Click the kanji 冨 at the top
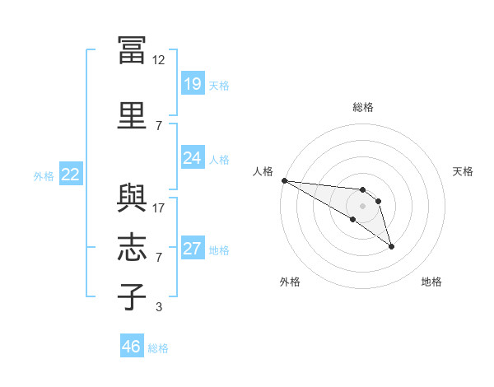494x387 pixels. [x=132, y=50]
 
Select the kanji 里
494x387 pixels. [x=132, y=115]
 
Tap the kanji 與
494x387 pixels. [x=132, y=198]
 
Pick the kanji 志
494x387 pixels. [x=132, y=247]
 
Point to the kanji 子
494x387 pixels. [x=132, y=296]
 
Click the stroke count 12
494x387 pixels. [x=158, y=60]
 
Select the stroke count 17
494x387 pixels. [x=158, y=208]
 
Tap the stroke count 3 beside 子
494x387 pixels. [x=159, y=306]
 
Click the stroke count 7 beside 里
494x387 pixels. [x=159, y=126]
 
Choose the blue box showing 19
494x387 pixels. [x=193, y=83]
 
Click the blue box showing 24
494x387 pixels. [x=193, y=157]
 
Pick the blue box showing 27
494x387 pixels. [x=193, y=247]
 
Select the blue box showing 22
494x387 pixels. [x=71, y=174]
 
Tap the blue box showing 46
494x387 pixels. [x=132, y=345]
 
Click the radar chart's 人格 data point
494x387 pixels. [x=285, y=180]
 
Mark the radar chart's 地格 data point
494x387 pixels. [x=391, y=246]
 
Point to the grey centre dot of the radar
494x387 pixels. [x=362, y=206]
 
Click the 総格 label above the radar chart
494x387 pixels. [x=363, y=107]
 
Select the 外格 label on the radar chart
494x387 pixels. [x=290, y=282]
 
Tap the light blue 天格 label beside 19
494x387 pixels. [x=219, y=86]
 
